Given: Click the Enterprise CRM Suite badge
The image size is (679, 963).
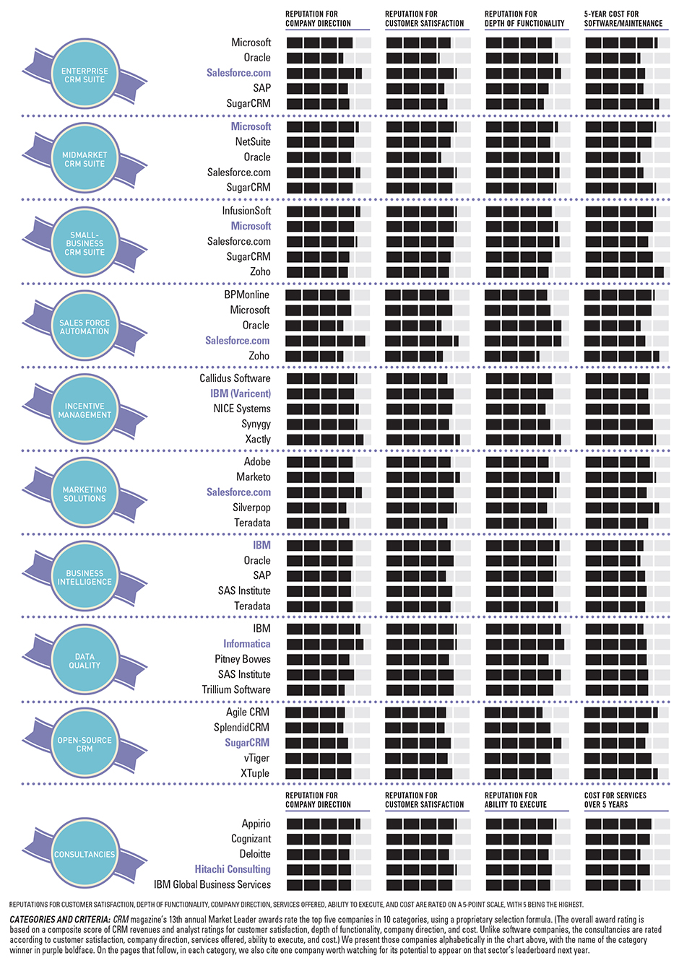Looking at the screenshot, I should [85, 75].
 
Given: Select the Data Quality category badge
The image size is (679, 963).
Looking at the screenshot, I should [85, 661].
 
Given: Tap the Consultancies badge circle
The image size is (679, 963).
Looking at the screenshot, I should [85, 854].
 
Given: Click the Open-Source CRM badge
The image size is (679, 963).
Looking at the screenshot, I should [85, 744].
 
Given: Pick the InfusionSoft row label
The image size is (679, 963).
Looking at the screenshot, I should [246, 211].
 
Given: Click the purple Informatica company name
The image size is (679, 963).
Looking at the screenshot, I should [246, 644].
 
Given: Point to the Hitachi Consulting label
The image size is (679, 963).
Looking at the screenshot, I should [232, 869].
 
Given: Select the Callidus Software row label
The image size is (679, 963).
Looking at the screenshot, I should [235, 378].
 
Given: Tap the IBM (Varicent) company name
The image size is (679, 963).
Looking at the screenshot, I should [241, 393].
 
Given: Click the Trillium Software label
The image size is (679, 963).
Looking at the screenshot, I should [236, 689].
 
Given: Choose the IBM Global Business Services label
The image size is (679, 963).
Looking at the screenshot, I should [212, 884].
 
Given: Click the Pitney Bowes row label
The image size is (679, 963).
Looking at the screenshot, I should [242, 659].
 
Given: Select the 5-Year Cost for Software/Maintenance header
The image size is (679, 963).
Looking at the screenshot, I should [623, 19].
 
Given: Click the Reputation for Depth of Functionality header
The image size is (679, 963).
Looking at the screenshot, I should [524, 19].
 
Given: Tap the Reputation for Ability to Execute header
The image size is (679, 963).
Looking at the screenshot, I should [516, 800].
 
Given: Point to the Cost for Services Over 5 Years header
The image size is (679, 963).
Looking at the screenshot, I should [615, 800].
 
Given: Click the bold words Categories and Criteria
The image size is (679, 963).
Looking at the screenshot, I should [59, 920].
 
